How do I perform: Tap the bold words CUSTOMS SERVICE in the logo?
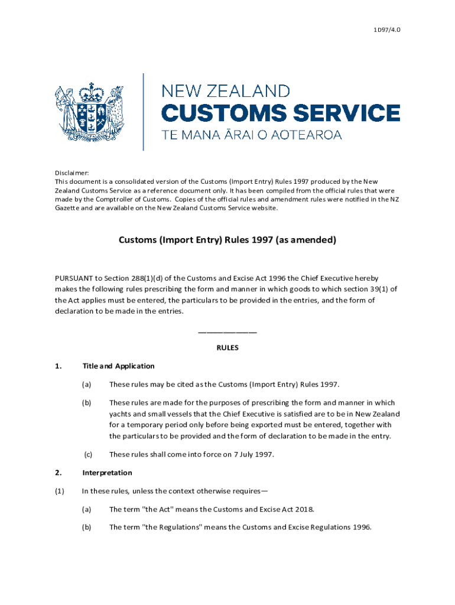click(281, 112)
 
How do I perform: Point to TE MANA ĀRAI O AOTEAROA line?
click(252, 135)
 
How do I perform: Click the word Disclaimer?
click(72, 173)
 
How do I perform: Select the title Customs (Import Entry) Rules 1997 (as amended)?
click(227, 240)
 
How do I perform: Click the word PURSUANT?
click(73, 278)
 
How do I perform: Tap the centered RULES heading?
click(227, 348)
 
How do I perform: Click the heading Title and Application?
click(118, 366)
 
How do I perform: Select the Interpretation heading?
click(107, 473)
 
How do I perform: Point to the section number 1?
click(58, 366)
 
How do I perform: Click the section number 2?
click(58, 473)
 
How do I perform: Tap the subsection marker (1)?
click(59, 491)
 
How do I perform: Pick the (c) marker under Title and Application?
click(87, 454)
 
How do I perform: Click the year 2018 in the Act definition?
click(304, 509)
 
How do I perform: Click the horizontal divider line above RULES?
click(227, 332)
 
